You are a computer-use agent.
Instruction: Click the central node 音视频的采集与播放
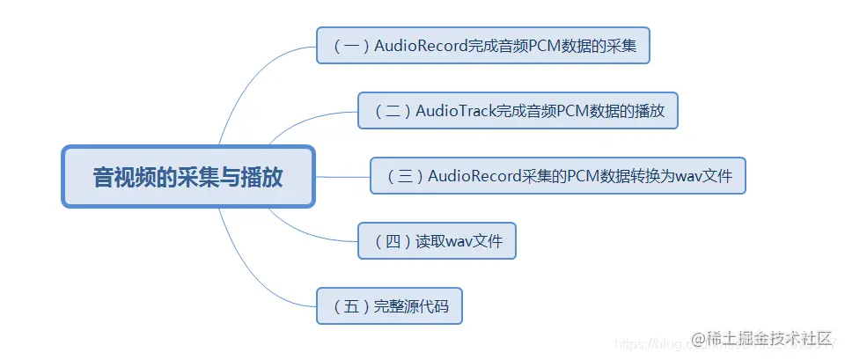pyautogui.click(x=187, y=177)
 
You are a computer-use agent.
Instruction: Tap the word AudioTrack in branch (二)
pyautogui.click(x=455, y=111)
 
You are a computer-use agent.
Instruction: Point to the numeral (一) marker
pyautogui.click(x=350, y=46)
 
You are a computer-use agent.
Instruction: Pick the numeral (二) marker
pyautogui.click(x=392, y=111)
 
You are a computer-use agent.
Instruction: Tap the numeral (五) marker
pyautogui.click(x=350, y=306)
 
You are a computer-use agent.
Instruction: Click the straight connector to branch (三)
pyautogui.click(x=343, y=176)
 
